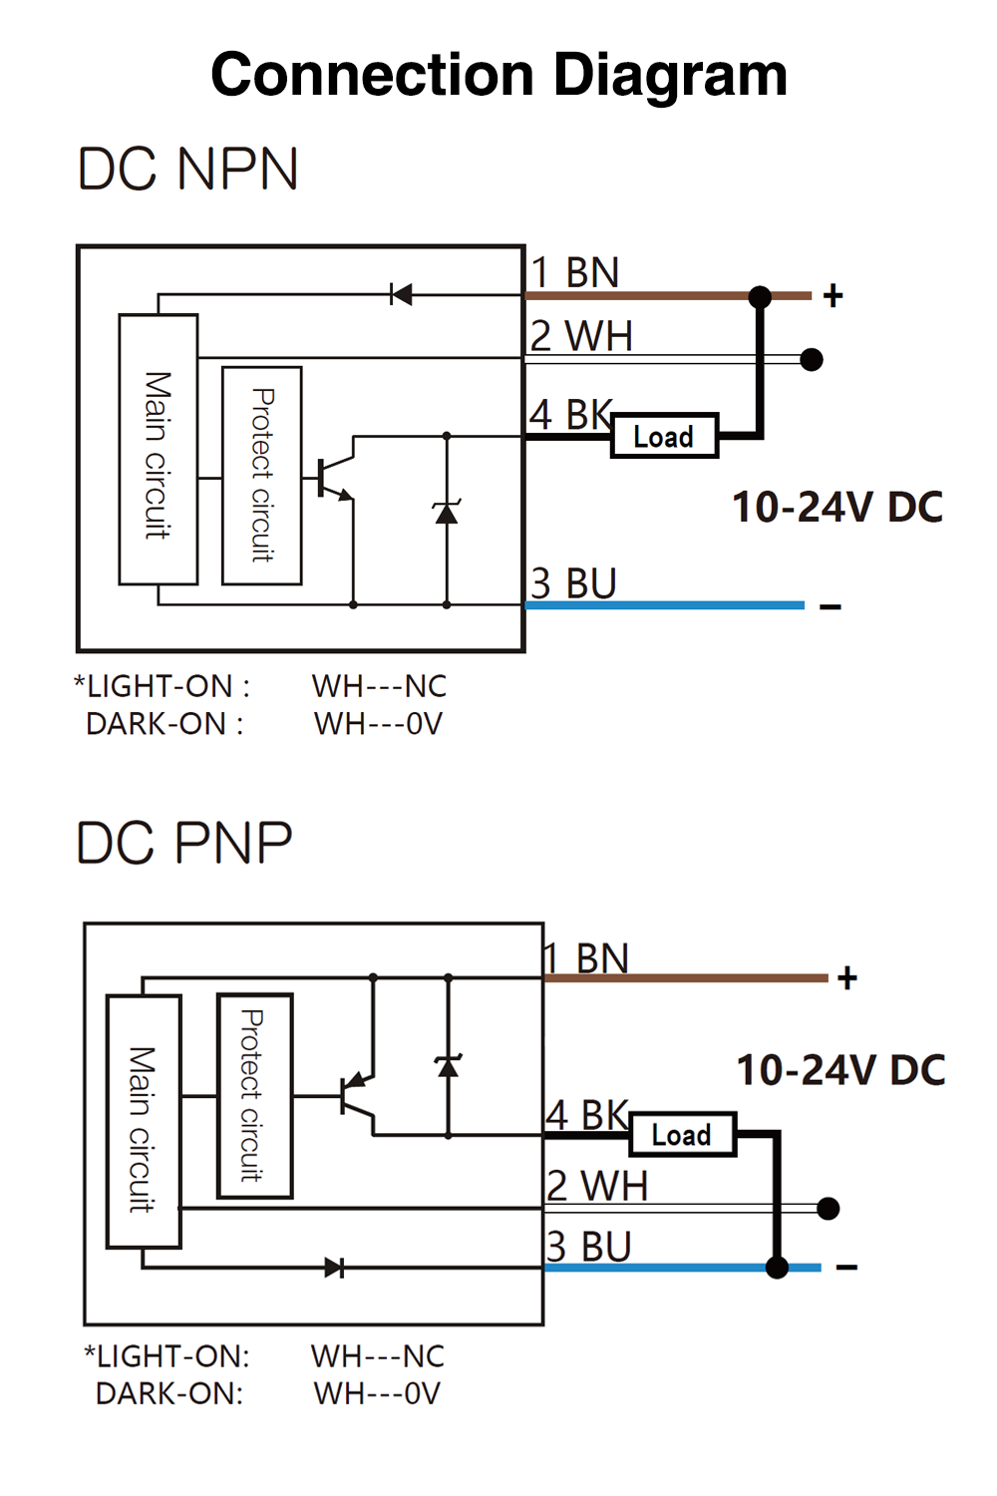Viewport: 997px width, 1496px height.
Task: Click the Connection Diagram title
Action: click(x=498, y=76)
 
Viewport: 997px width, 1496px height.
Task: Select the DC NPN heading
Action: click(x=188, y=169)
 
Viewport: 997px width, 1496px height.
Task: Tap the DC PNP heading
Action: click(x=184, y=843)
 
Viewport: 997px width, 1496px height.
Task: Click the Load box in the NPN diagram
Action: click(x=664, y=437)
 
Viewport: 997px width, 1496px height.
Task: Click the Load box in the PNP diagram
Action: click(x=682, y=1135)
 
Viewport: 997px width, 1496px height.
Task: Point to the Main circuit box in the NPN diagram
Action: click(x=158, y=450)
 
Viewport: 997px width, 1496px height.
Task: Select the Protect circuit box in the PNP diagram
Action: click(x=254, y=1096)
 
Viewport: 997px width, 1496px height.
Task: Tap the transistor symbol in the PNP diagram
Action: click(x=358, y=1096)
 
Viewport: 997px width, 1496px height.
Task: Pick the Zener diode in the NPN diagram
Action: click(x=447, y=513)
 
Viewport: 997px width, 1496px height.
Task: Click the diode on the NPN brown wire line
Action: click(x=401, y=294)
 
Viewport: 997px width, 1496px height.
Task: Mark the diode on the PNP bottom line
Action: click(x=335, y=1268)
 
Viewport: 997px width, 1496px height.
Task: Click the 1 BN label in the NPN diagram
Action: click(x=575, y=272)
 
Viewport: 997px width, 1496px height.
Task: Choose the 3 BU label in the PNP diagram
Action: click(x=589, y=1247)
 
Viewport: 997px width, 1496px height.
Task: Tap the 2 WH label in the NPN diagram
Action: click(x=581, y=336)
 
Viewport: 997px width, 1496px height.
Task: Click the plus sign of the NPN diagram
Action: click(x=833, y=295)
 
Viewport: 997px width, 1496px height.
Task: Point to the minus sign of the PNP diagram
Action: click(x=846, y=1268)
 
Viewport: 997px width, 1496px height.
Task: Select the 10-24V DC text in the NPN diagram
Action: click(x=837, y=507)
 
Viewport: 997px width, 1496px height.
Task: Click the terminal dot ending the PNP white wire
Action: click(x=828, y=1209)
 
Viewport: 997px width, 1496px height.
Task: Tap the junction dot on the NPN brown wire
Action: click(x=760, y=296)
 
